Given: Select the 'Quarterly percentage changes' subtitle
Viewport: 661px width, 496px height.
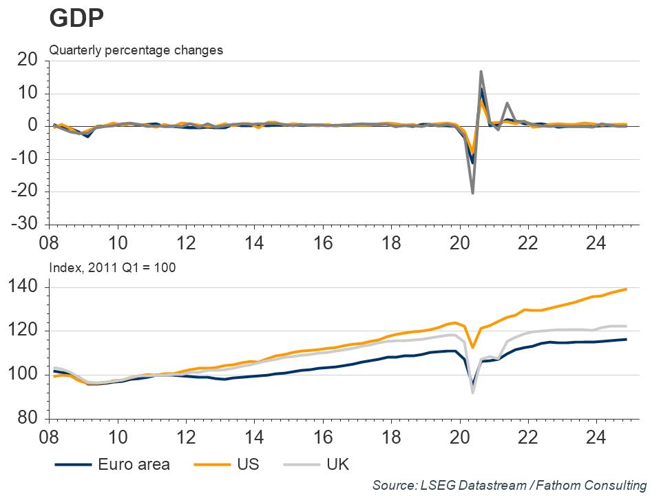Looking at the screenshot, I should [136, 50].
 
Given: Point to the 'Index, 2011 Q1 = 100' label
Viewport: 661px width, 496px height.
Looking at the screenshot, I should [112, 267].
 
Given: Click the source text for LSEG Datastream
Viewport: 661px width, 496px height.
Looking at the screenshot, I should [510, 485].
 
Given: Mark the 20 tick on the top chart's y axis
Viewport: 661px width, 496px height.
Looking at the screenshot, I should [27, 61].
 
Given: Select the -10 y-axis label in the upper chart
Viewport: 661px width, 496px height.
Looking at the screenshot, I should [24, 159].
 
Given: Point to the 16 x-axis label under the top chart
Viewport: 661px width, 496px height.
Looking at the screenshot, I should [322, 243].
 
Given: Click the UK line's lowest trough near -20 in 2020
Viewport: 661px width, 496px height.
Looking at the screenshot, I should [472, 192].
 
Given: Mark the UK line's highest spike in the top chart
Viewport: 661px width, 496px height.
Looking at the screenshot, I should [481, 72].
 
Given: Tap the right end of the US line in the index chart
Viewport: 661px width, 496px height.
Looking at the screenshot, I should [626, 289].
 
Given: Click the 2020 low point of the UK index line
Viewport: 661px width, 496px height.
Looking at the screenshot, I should [473, 392].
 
